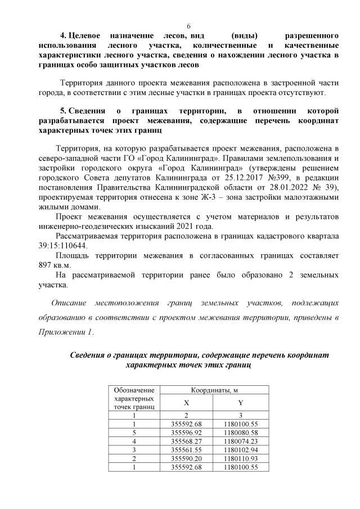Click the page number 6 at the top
click(188, 26)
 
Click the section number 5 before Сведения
click(63, 111)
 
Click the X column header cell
click(186, 403)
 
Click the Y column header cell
click(240, 403)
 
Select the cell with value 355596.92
click(186, 433)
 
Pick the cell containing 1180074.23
click(240, 442)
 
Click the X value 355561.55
click(186, 450)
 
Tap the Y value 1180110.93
click(240, 459)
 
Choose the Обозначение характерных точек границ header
click(133, 398)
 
